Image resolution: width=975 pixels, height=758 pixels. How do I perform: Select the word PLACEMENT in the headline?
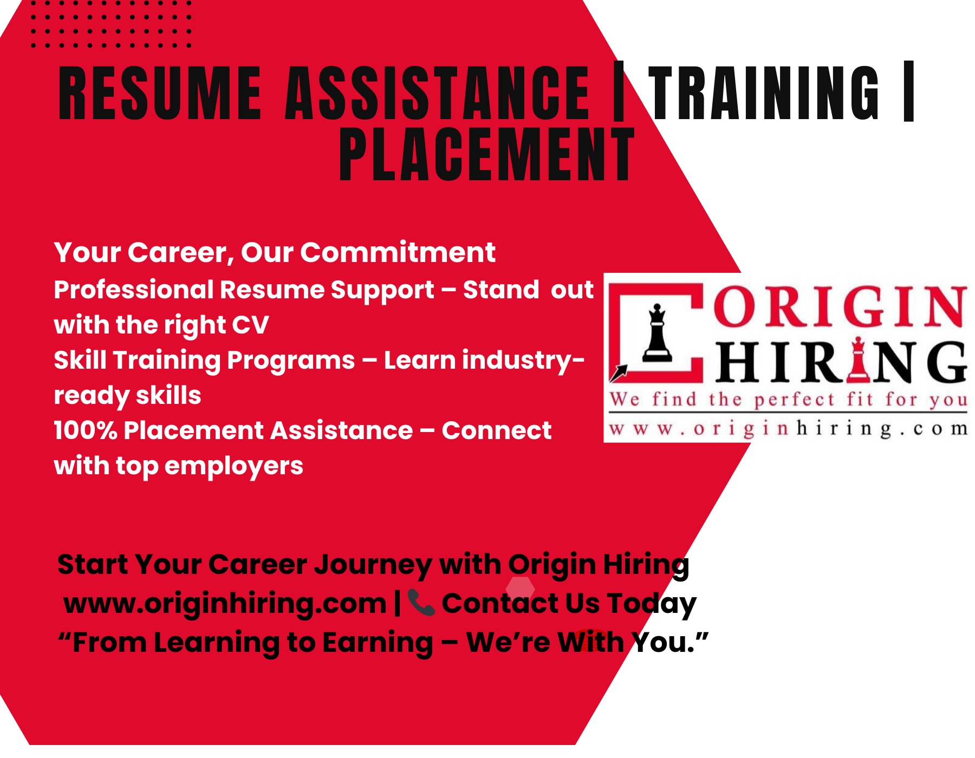(486, 154)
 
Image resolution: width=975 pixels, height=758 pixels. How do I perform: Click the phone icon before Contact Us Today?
(421, 603)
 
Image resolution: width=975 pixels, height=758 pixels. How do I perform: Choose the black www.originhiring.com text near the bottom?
(224, 603)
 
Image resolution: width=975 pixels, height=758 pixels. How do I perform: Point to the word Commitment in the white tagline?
(398, 252)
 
